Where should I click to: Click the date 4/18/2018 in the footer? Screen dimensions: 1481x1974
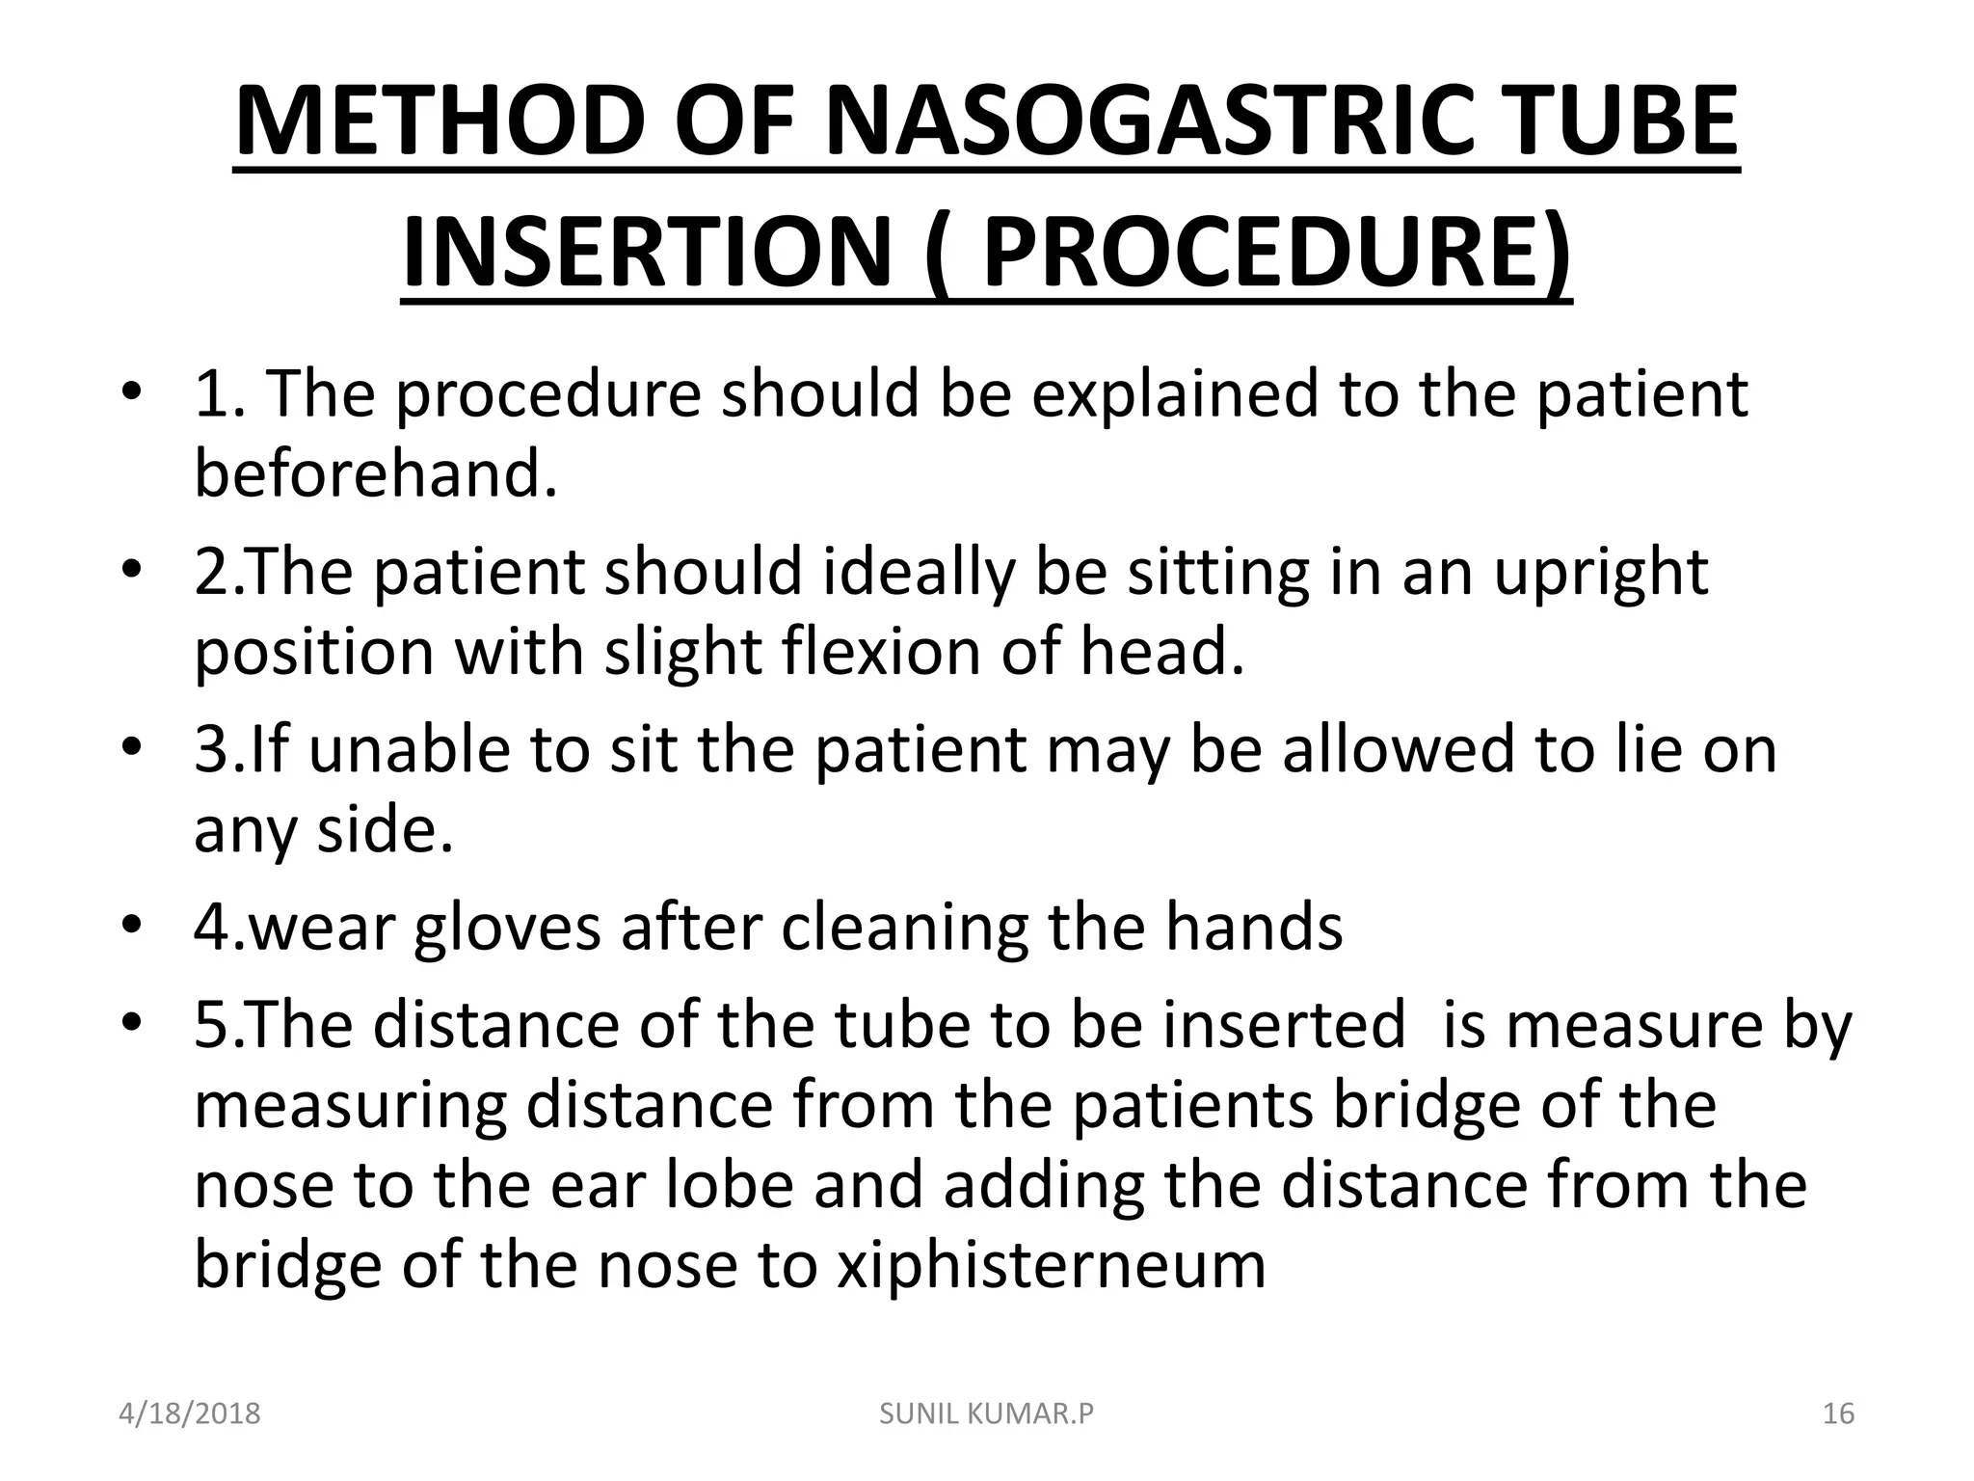click(190, 1414)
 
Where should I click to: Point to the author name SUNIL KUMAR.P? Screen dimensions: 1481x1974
click(987, 1414)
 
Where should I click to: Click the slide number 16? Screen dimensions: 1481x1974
click(1838, 1414)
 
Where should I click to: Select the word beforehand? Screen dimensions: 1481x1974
click(376, 473)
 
